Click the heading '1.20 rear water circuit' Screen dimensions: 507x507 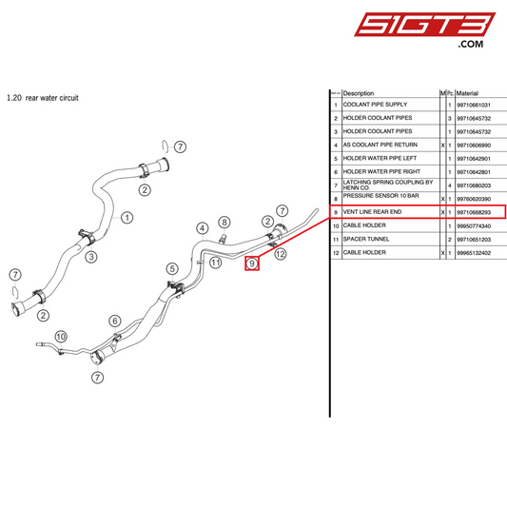point(42,97)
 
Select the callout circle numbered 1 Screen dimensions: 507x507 point(126,217)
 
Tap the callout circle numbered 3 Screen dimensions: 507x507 point(91,256)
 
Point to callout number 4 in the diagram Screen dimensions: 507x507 point(203,228)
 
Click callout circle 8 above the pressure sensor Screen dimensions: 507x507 point(224,222)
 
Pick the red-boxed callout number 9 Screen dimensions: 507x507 point(253,263)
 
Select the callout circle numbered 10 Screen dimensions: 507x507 point(61,336)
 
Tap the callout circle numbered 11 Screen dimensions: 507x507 point(216,263)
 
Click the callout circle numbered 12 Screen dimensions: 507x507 point(281,255)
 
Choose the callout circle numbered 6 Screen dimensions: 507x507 point(115,321)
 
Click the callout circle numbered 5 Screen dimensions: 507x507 point(172,269)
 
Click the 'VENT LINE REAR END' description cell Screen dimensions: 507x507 point(377,211)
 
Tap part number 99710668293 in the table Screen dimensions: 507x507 point(473,211)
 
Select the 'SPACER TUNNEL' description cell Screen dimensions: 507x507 point(368,240)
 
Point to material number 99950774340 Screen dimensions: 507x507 point(473,225)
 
